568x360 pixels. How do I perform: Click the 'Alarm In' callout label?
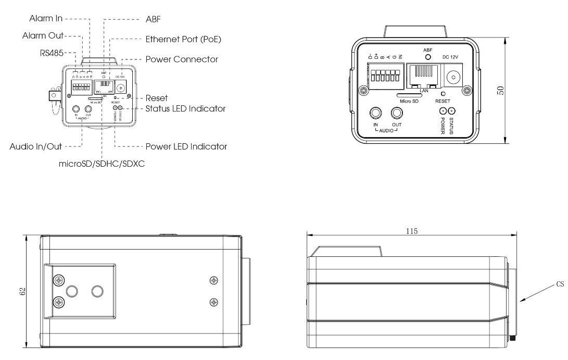(x=45, y=19)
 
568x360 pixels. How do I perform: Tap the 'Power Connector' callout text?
(x=181, y=59)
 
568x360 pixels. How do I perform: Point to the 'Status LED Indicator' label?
(x=185, y=109)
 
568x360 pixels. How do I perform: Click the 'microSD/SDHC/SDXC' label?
(x=102, y=163)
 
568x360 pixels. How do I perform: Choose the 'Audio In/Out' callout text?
(x=36, y=147)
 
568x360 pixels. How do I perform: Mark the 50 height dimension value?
(x=500, y=90)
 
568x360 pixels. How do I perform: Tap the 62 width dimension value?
(x=22, y=292)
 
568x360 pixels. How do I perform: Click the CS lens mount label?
(x=560, y=284)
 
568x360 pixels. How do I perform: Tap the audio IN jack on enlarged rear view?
(x=375, y=113)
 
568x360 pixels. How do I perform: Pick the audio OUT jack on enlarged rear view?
(x=397, y=113)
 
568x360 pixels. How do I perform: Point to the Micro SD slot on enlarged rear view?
(x=409, y=96)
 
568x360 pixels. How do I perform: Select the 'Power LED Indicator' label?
(x=186, y=147)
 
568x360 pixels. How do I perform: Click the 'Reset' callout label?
(x=157, y=98)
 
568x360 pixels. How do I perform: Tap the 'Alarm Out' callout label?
(x=43, y=35)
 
